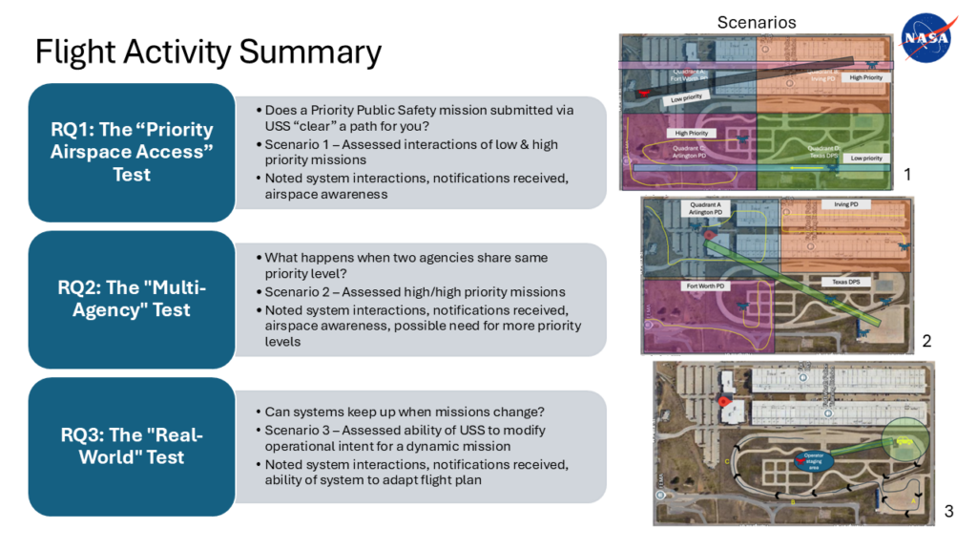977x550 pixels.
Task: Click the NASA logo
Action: pyautogui.click(x=925, y=37)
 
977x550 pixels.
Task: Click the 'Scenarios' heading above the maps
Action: pyautogui.click(x=756, y=22)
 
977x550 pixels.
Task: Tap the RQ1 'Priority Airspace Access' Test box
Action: pyautogui.click(x=132, y=152)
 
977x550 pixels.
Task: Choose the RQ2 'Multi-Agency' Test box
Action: pyautogui.click(x=132, y=299)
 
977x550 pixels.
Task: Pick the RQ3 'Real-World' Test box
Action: pyautogui.click(x=132, y=446)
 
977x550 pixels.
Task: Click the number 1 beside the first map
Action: pyautogui.click(x=907, y=175)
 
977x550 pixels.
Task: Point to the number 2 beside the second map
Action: pyautogui.click(x=926, y=341)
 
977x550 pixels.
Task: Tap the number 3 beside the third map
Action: pyautogui.click(x=948, y=512)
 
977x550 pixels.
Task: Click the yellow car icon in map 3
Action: pyautogui.click(x=903, y=440)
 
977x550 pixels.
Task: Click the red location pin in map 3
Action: pyautogui.click(x=722, y=402)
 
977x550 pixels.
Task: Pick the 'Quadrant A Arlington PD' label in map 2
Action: pyautogui.click(x=706, y=209)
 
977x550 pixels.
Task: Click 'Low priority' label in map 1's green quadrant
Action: pyautogui.click(x=868, y=159)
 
